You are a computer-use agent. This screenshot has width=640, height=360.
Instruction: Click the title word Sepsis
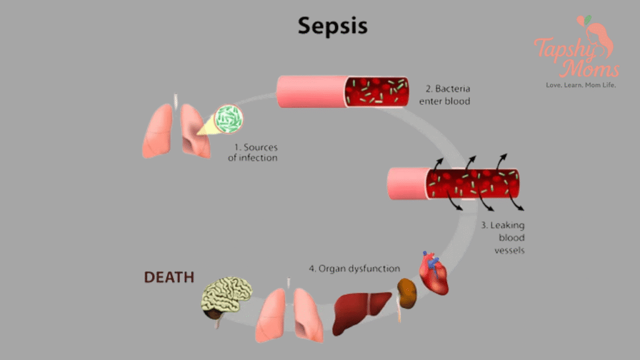coord(332,26)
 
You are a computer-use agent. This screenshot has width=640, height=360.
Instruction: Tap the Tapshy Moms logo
coord(576,50)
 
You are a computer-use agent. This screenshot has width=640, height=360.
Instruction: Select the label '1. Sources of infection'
coord(256,152)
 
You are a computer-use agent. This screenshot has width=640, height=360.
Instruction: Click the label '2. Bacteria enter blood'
coord(447,94)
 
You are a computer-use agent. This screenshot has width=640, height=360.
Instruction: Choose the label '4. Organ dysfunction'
coord(354,269)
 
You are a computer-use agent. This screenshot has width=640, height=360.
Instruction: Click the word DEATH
coord(169,277)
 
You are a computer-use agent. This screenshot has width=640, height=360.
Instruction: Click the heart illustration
coord(434,275)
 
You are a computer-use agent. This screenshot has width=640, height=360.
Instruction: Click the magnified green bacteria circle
coord(229,119)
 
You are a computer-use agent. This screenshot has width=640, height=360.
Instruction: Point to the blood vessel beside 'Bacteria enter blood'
coord(343,91)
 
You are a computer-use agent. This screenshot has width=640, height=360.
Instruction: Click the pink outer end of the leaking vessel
coord(406,184)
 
